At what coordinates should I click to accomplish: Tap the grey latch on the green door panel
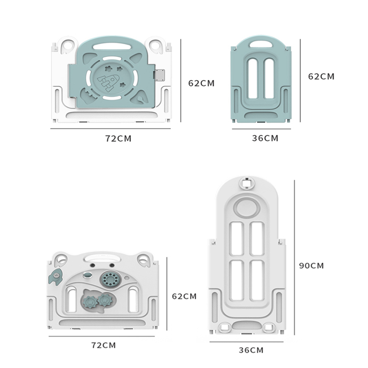(158, 75)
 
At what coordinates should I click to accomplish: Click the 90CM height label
(312, 265)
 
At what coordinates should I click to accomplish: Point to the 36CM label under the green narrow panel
(265, 138)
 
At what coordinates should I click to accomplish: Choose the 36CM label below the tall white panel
(251, 350)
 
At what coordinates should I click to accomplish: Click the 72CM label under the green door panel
(118, 138)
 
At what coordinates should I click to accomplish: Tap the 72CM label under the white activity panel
(103, 345)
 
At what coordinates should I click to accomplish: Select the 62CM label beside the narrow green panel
(321, 77)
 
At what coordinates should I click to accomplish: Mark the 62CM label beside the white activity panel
(184, 296)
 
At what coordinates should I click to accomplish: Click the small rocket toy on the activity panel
(53, 278)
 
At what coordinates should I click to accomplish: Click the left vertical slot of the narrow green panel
(253, 79)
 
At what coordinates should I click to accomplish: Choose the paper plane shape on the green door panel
(141, 98)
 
